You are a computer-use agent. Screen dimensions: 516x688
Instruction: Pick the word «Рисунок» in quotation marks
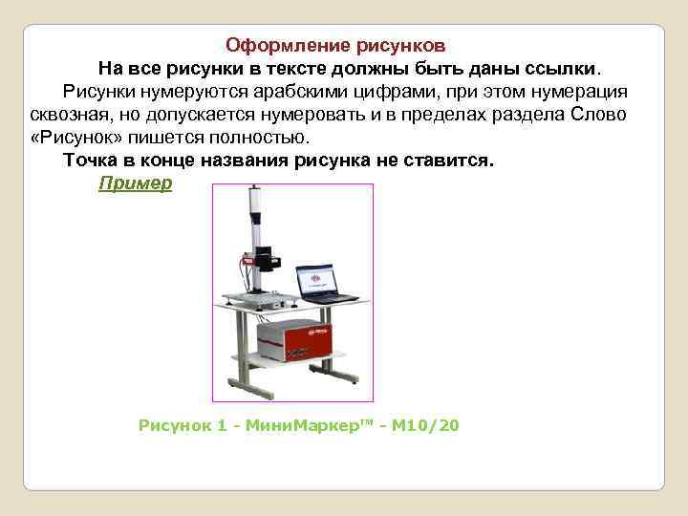pos(73,137)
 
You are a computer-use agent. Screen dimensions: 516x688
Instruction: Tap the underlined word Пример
pos(136,183)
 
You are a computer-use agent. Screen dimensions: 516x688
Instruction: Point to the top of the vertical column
pos(254,192)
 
